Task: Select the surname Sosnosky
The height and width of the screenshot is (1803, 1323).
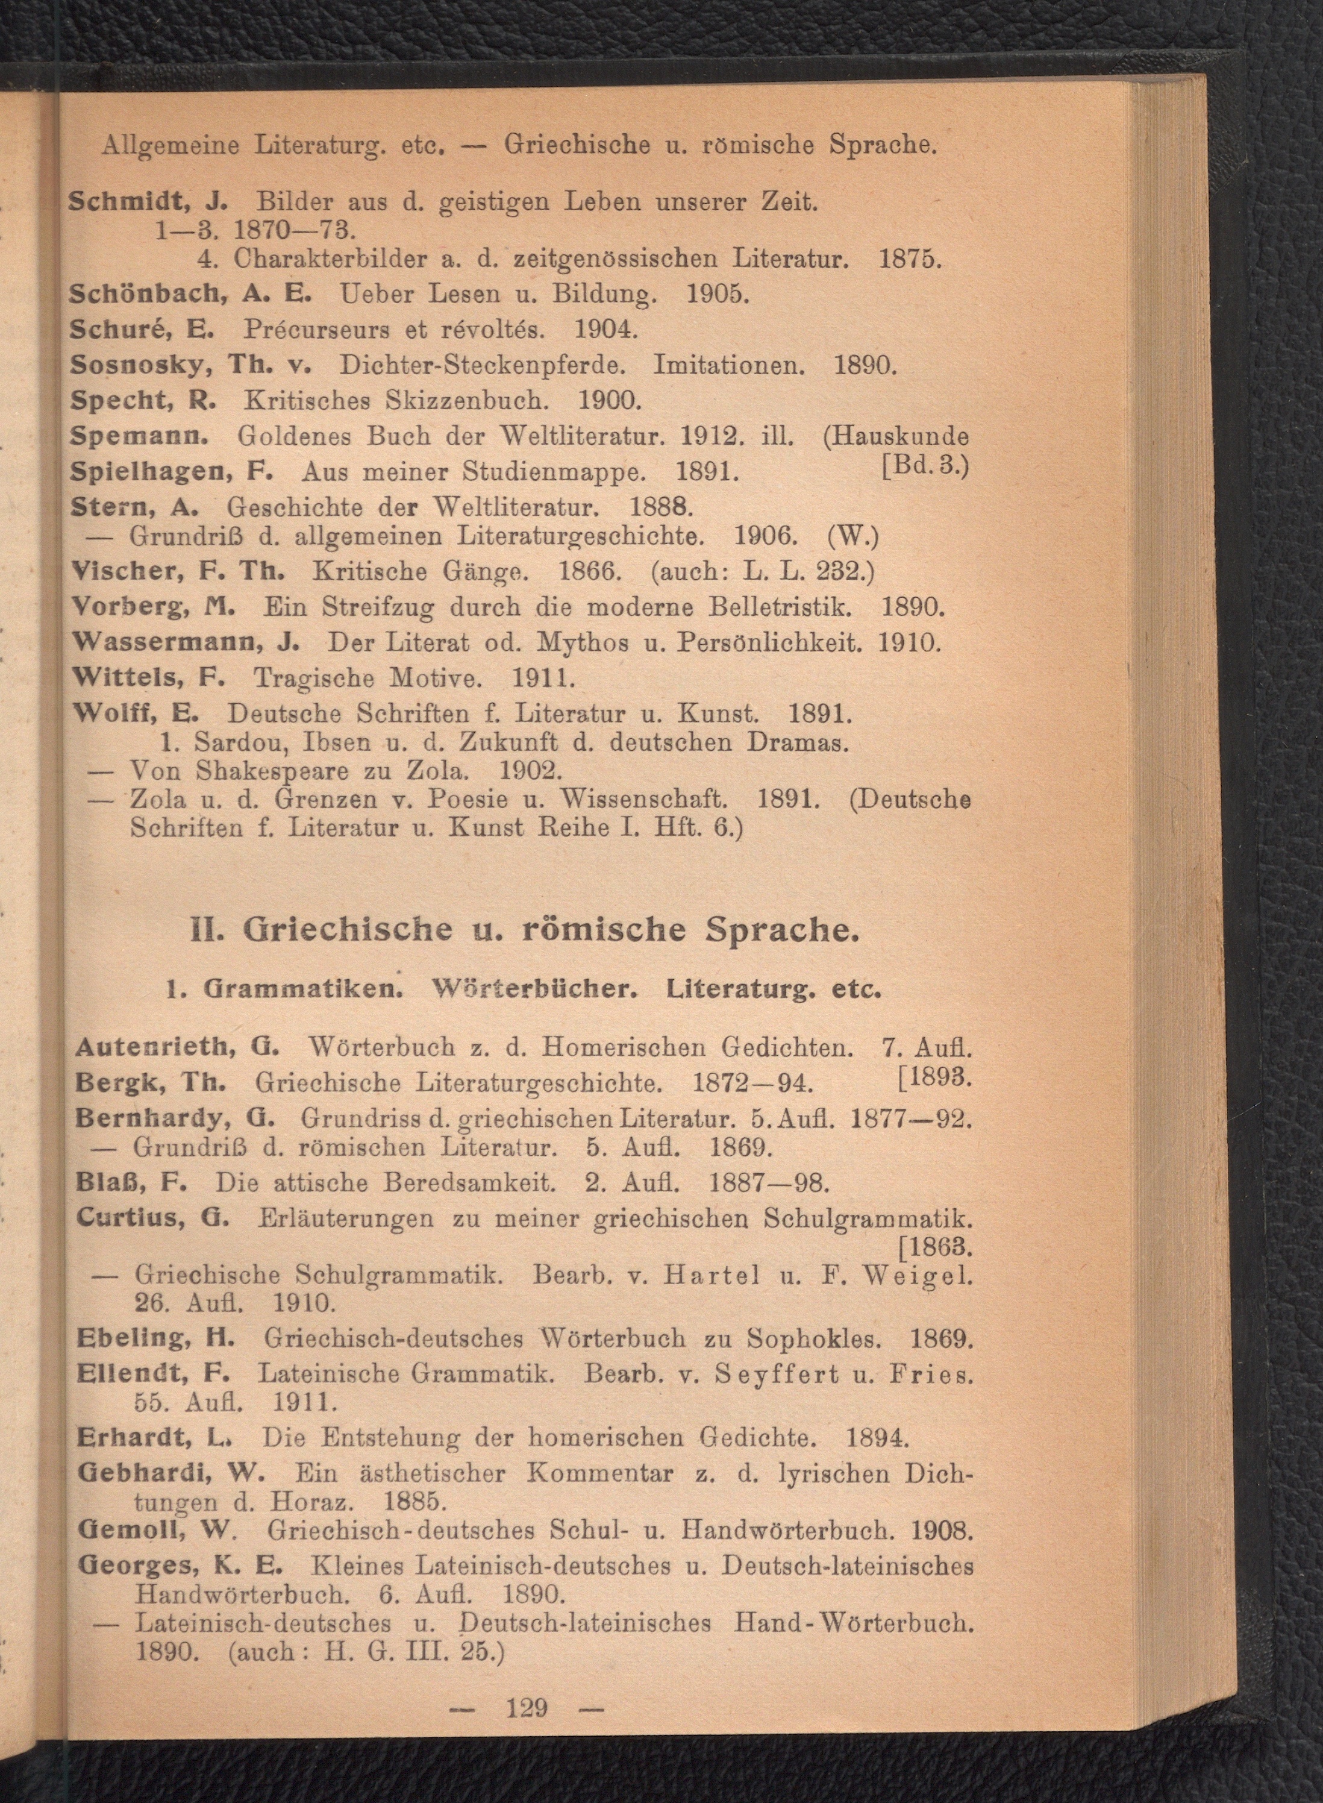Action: pos(137,365)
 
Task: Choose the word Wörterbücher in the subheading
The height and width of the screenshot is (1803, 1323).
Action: pos(534,989)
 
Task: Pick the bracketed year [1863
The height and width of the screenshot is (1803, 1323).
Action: pos(936,1247)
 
